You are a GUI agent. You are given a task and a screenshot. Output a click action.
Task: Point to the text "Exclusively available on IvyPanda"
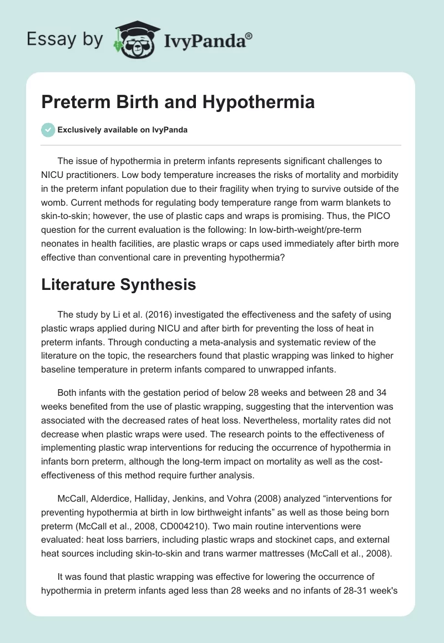pos(123,130)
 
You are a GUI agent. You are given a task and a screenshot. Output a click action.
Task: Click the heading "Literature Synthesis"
pos(118,284)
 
